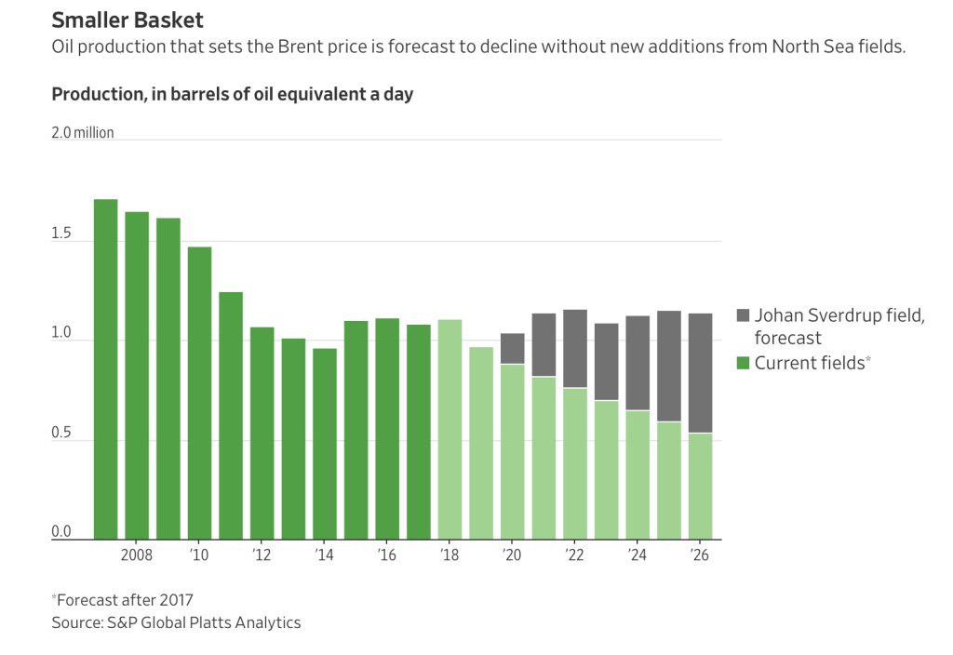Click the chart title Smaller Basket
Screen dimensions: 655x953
(128, 20)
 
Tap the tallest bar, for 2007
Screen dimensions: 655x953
(106, 368)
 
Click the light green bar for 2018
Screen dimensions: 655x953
(450, 429)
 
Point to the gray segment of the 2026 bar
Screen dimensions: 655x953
(700, 373)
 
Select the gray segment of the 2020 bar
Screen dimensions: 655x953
(512, 348)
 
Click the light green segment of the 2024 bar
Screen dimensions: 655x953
(638, 475)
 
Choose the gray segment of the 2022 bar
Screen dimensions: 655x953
(575, 348)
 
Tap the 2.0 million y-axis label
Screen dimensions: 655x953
(83, 133)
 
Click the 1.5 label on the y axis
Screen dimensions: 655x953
(61, 234)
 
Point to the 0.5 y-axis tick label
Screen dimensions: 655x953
(61, 433)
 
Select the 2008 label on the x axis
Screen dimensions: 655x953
(137, 555)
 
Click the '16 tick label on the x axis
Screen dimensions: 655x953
(387, 555)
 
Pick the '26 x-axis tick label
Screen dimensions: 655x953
(700, 555)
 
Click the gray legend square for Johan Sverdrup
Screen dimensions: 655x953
(742, 315)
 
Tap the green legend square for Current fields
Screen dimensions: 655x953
(742, 363)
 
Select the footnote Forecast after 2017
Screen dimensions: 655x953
(124, 600)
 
